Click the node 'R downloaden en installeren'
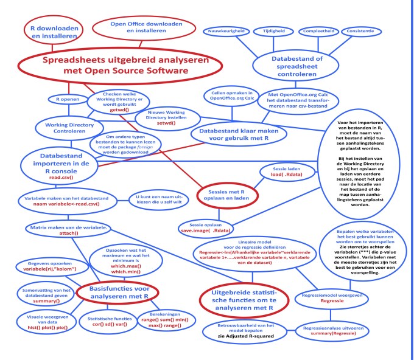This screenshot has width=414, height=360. coord(52,30)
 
